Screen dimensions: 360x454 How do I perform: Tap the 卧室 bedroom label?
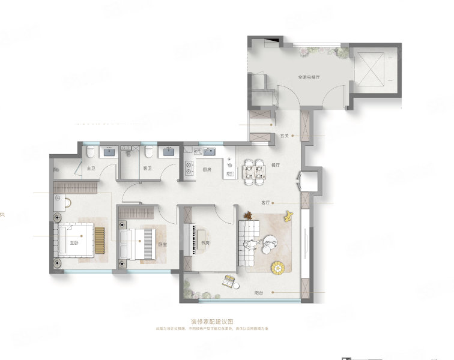coord(162,244)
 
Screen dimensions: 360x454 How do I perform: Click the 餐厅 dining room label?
coord(276,164)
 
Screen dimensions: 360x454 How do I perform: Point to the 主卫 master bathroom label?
coord(91,169)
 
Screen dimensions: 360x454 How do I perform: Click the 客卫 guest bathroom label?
coord(148,169)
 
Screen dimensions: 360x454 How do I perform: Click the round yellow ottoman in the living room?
coord(279,267)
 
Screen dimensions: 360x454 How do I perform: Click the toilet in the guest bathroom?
coord(147,151)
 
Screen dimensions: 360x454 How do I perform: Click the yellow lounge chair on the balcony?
coord(229,280)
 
